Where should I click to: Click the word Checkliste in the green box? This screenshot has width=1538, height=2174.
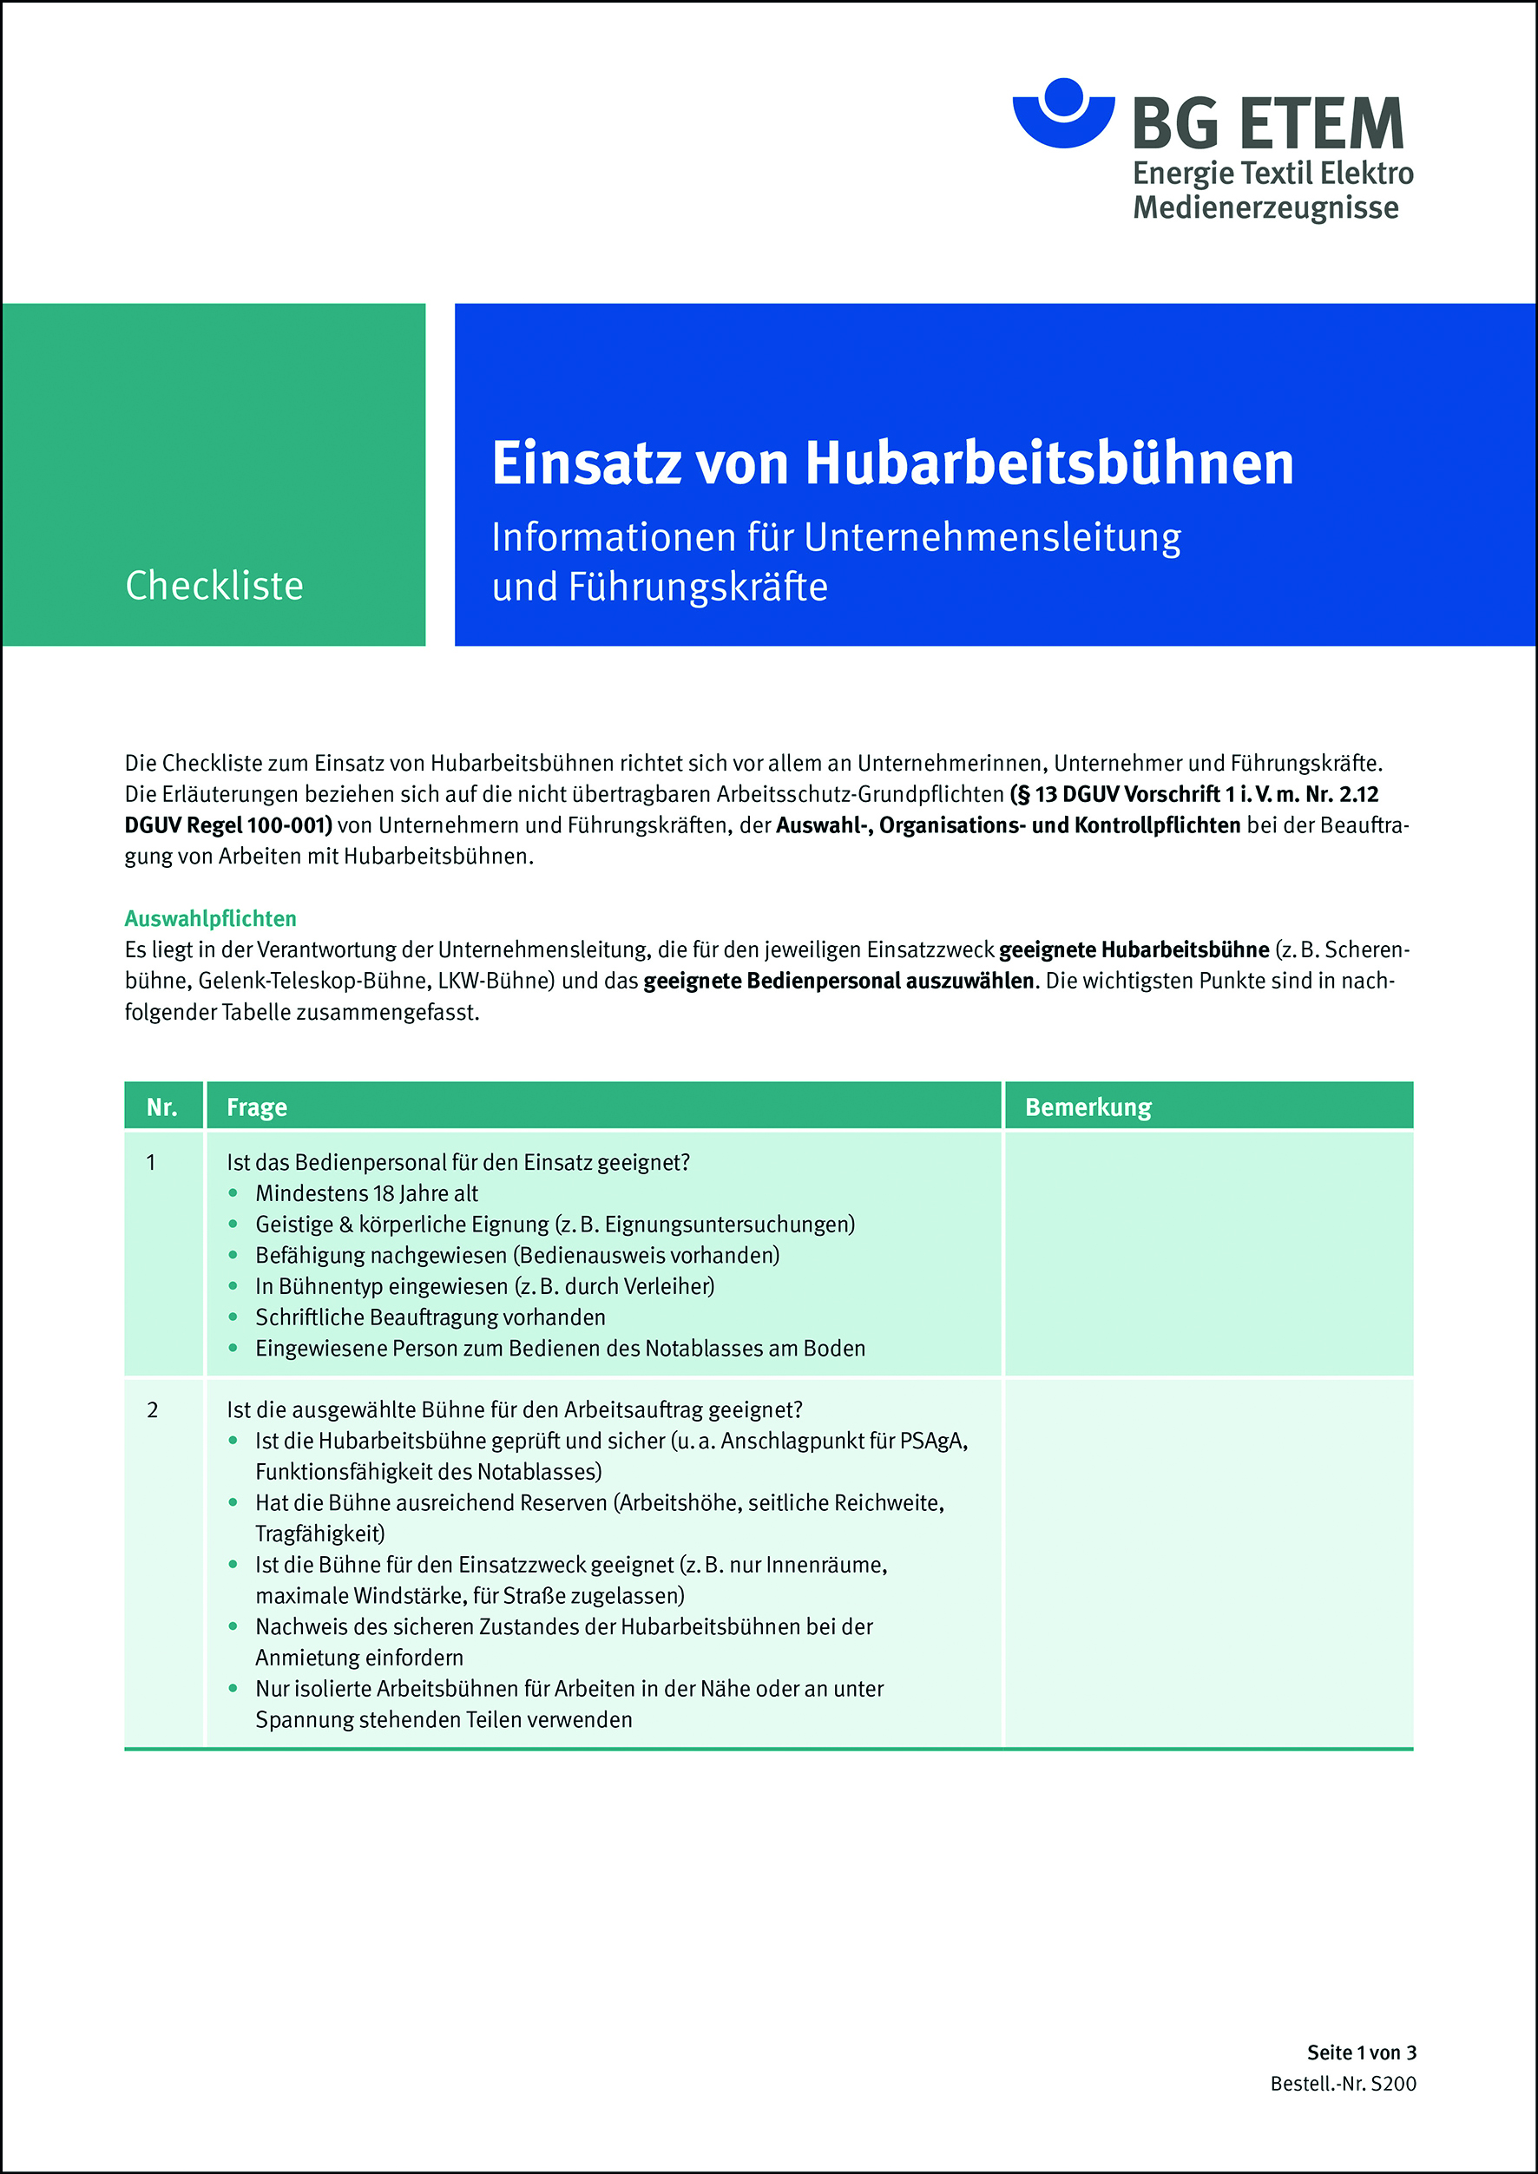pyautogui.click(x=214, y=585)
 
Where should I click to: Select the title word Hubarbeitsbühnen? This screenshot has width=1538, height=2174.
pyautogui.click(x=1048, y=463)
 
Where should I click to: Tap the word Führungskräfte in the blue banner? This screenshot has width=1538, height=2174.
pyautogui.click(x=698, y=587)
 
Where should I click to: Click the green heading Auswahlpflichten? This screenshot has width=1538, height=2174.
pyautogui.click(x=210, y=917)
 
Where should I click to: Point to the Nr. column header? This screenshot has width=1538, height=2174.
pyautogui.click(x=162, y=1107)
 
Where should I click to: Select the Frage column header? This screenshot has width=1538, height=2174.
pyautogui.click(x=257, y=1107)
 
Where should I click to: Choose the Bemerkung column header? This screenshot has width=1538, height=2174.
pyautogui.click(x=1088, y=1107)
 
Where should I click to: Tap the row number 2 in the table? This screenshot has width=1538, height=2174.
pyautogui.click(x=153, y=1410)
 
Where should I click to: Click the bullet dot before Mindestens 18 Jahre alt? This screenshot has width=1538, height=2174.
pyautogui.click(x=233, y=1193)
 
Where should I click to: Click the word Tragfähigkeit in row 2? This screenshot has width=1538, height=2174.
pyautogui.click(x=319, y=1533)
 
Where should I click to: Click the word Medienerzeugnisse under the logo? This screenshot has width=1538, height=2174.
pyautogui.click(x=1265, y=207)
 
